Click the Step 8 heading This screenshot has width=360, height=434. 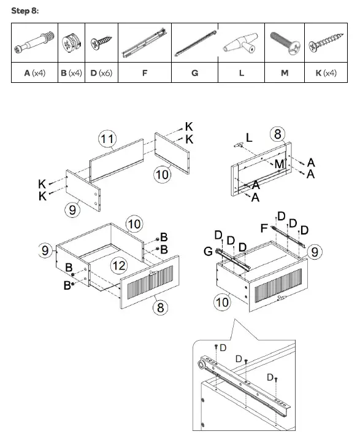25,11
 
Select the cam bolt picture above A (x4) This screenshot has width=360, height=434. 34,42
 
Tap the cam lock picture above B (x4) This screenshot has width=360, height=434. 71,42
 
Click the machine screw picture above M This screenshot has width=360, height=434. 285,43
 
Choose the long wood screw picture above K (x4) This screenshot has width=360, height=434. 326,43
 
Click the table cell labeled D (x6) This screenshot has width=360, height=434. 101,72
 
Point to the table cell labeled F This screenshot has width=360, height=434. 145,72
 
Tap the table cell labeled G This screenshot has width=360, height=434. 194,72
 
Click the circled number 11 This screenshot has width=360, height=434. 107,138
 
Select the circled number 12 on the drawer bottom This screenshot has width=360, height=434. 119,266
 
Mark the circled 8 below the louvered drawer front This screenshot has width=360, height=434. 160,307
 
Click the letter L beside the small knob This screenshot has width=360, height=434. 249,138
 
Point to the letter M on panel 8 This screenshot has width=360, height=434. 279,164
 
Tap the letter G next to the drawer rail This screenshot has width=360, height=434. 208,251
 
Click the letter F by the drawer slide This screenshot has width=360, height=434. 264,228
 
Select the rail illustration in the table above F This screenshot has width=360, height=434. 145,42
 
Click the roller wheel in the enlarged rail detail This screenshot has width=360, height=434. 202,364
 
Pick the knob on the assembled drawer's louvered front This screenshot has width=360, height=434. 281,298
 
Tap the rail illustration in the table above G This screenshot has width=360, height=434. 195,43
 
